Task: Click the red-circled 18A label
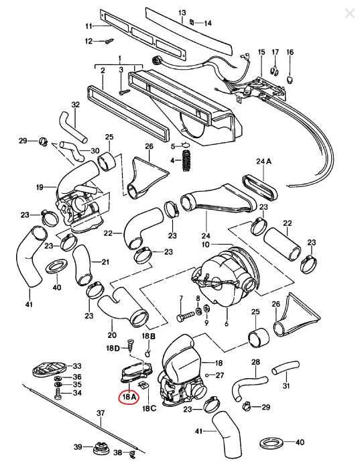coord(127,397)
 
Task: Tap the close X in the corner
coord(349,13)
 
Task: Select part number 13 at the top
coord(182,13)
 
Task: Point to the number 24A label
coord(263,162)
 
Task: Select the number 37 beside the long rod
coord(101,413)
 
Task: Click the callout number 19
coord(40,186)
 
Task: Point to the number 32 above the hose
coord(75,105)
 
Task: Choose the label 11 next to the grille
coord(88,26)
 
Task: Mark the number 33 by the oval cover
coord(77,366)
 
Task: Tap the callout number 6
coord(227,323)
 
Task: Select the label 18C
coord(149,407)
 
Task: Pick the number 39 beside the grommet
coord(78,447)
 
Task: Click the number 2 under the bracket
coord(103,70)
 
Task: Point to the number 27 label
coord(220,375)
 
